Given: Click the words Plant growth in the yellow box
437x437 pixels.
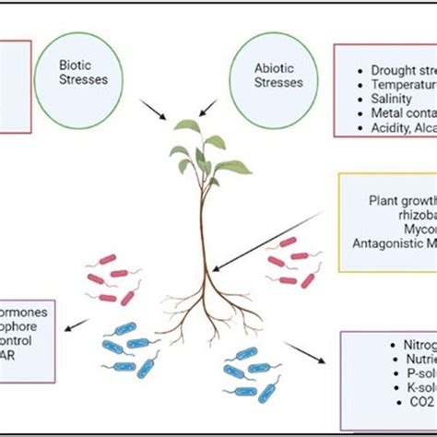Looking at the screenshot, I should [x=402, y=198].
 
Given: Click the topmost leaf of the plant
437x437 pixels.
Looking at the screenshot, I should [x=188, y=126].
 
